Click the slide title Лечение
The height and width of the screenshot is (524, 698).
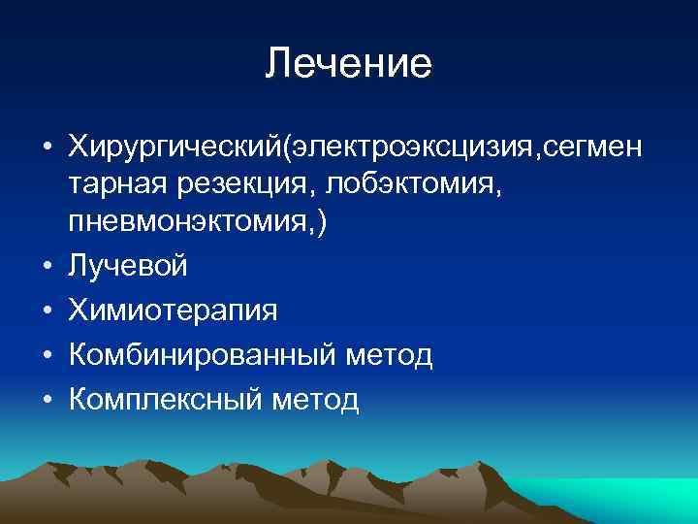(348, 64)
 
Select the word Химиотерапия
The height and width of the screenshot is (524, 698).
(173, 311)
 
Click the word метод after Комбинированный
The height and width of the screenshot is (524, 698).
(390, 355)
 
